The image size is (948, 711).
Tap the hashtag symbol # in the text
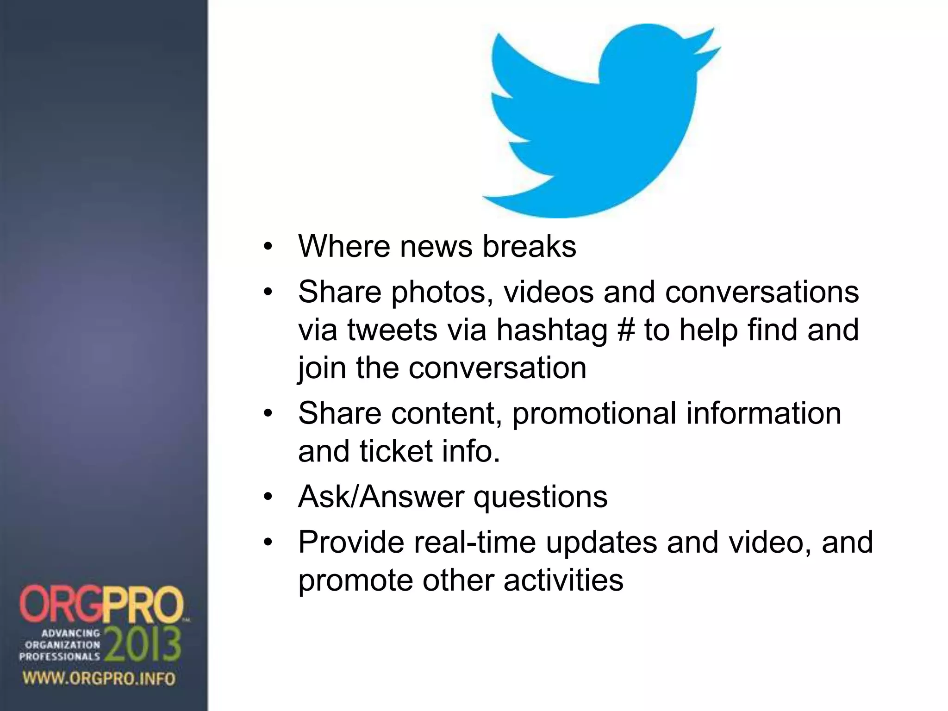pos(626,330)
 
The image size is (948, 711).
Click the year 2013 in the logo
pos(143,645)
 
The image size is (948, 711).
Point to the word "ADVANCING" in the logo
pos(71,633)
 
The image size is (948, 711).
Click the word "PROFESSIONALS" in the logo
pos(59,656)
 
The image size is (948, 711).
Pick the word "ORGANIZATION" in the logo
pos(62,644)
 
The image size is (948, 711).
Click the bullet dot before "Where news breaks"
pos(268,247)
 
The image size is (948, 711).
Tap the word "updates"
pos(601,543)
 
